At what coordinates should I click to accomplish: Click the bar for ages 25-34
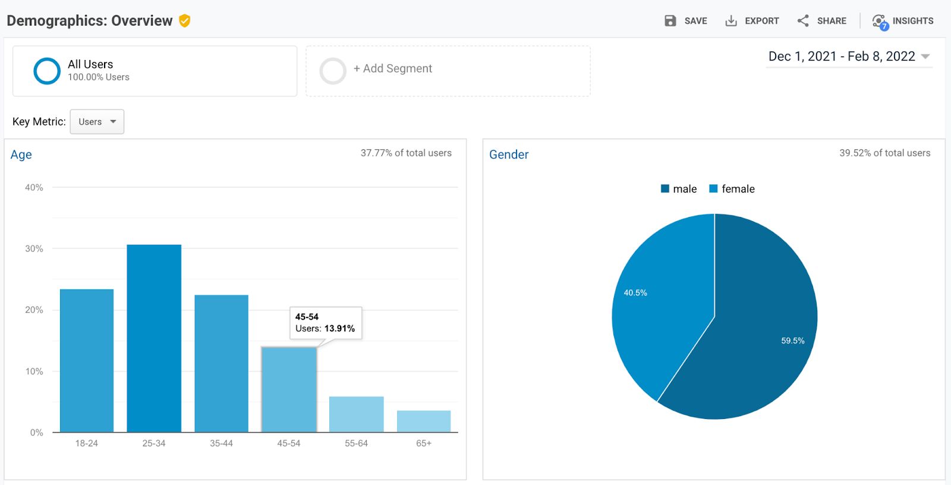pos(154,339)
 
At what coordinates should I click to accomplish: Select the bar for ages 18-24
pos(87,361)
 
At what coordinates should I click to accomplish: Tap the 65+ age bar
pos(424,421)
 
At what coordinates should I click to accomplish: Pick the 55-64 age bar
pos(356,414)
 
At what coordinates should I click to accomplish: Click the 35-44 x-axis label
pos(221,443)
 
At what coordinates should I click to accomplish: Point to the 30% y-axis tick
pos(34,248)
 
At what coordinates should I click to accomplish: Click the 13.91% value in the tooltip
pos(339,328)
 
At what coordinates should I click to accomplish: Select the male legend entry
pos(679,189)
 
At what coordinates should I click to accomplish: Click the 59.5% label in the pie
pos(792,341)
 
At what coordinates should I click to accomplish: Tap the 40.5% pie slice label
pos(635,292)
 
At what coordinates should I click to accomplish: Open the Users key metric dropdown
pos(97,122)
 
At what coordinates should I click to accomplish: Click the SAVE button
pos(686,21)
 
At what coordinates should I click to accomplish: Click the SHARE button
pos(822,21)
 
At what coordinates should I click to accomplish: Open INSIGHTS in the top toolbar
pos(903,21)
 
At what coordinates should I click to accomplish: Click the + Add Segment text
pos(393,68)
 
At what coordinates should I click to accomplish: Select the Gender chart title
pos(509,155)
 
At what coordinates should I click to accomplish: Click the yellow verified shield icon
pos(185,21)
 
